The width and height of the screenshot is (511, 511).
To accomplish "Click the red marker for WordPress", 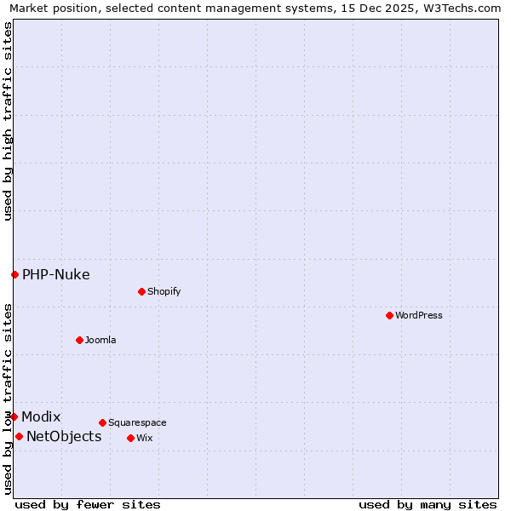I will coord(389,315).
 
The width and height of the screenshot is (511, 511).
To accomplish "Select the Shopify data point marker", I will coord(141,291).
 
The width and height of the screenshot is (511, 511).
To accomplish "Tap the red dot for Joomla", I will coord(79,340).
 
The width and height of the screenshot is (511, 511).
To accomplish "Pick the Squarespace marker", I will coord(102,422).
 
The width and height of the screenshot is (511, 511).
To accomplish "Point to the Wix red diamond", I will coord(130,438).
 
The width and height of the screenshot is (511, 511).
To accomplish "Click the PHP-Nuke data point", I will coord(14,274).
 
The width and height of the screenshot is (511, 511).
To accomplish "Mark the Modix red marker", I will coord(14,416).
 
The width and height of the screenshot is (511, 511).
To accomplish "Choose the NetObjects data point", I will coord(19,437).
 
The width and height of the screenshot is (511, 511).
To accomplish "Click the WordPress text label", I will coord(419,315).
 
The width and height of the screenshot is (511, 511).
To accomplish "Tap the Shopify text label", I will coord(164,291).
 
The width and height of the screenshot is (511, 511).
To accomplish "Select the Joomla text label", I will coord(100,340).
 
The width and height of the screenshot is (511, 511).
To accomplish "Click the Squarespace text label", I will coord(137,422).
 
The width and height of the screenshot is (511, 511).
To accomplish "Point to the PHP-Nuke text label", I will coord(56,274).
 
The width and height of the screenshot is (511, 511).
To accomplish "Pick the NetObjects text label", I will coord(64,437).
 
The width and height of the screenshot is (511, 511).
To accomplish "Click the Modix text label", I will coord(41,416).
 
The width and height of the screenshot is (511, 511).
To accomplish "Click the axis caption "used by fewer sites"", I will coord(88,504).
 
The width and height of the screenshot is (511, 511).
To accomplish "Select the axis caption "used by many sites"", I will coord(428,504).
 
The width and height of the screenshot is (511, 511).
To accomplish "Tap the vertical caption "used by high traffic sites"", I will coord(8,121).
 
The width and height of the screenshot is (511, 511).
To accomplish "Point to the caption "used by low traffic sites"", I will coord(8,399).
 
